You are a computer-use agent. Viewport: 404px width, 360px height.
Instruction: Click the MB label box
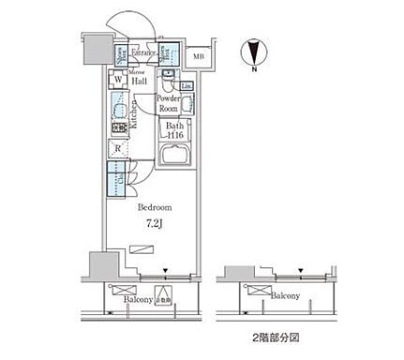pos(200,57)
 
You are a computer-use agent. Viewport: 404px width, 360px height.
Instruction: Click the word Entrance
pos(143,53)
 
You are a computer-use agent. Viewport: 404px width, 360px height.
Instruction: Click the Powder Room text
pos(169,103)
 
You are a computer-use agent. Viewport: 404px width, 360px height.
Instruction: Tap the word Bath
pos(173,127)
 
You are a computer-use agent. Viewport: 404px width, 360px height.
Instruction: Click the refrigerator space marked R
pos(118,148)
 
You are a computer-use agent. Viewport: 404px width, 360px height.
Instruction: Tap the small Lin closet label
pos(186,87)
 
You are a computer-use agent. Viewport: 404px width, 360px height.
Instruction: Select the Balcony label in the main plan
pos(138,300)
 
